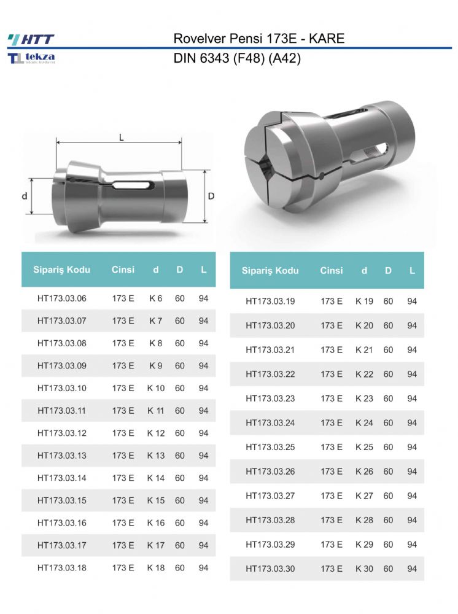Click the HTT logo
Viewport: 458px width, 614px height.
[31, 39]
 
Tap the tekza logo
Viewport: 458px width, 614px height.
[31, 58]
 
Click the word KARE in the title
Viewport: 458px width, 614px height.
[327, 38]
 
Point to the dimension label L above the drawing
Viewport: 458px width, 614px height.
[122, 138]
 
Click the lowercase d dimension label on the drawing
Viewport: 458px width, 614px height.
[25, 196]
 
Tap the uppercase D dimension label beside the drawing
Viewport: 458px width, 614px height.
[211, 196]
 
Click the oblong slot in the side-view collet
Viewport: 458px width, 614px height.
[132, 185]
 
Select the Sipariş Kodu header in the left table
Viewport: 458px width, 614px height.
[61, 270]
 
